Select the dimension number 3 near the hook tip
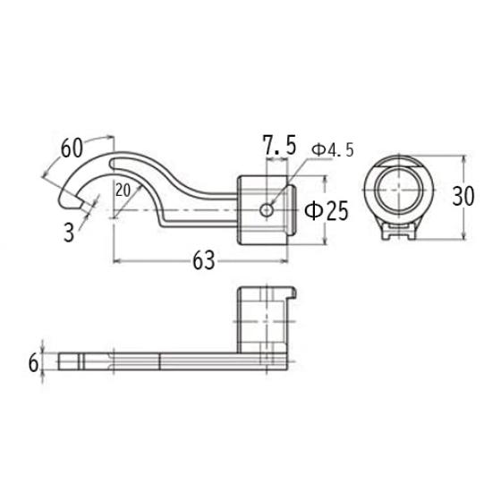(69, 233)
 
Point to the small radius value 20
(123, 190)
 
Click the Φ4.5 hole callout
(332, 150)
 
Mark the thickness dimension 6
(34, 362)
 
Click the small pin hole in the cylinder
(267, 209)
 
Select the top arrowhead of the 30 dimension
(463, 159)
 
